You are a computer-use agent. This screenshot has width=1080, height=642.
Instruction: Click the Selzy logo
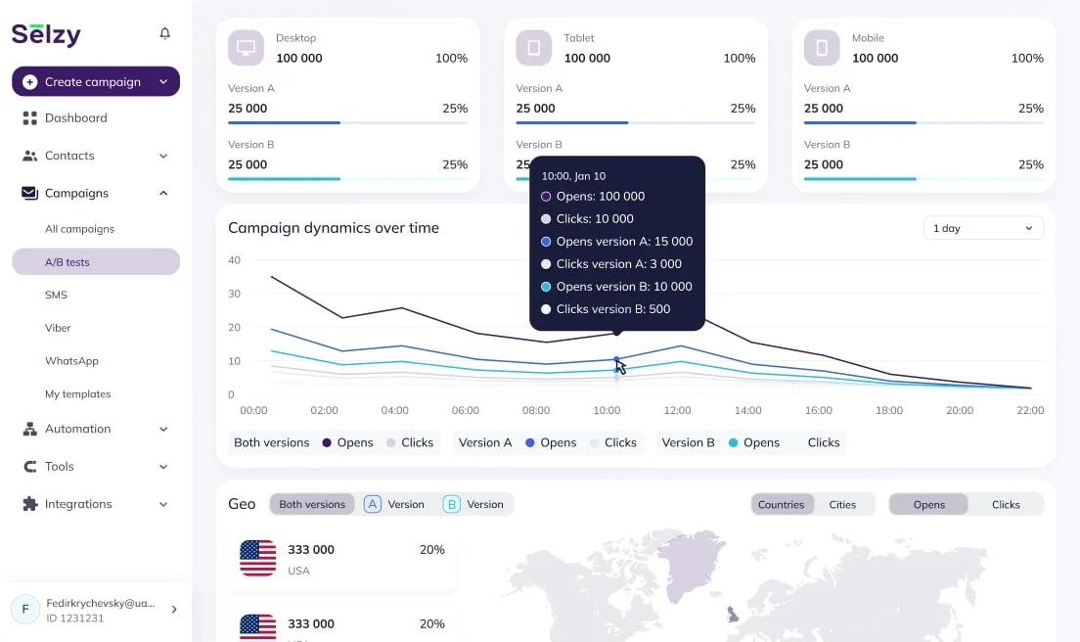[46, 34]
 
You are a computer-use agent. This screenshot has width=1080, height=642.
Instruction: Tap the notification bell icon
[164, 33]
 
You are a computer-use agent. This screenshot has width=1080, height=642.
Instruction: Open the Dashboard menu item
[75, 118]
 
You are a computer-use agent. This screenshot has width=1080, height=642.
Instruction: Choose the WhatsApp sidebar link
[71, 361]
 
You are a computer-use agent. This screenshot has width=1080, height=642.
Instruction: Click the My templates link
[77, 394]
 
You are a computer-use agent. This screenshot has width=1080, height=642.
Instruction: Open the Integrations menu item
[77, 504]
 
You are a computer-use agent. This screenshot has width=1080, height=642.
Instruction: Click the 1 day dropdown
[982, 228]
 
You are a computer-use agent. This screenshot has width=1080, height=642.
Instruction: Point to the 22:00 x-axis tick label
[1029, 411]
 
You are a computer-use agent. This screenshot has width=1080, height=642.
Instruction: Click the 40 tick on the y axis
[234, 260]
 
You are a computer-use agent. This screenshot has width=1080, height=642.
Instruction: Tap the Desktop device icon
[247, 47]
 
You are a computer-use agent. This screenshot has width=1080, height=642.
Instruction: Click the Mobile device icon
[823, 47]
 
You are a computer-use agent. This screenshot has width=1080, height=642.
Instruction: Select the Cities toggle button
[842, 505]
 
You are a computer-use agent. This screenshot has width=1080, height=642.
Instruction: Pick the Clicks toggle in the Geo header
[1005, 505]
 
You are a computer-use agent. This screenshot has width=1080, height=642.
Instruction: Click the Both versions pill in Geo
[312, 505]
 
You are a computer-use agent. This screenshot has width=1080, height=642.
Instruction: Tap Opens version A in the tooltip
[623, 242]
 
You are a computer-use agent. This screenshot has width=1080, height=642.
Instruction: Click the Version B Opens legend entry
[753, 442]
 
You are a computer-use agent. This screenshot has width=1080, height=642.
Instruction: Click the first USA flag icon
[258, 558]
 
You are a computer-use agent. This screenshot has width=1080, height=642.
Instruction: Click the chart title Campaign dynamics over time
[334, 228]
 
